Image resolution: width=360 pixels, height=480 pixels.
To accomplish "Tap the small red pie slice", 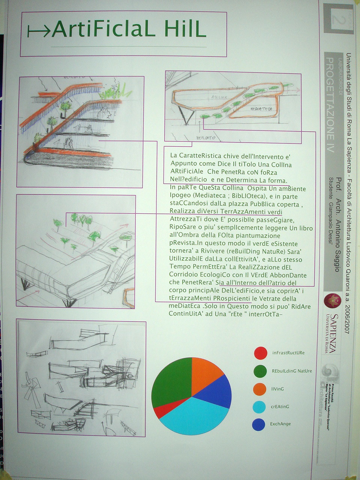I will (x=161, y=411).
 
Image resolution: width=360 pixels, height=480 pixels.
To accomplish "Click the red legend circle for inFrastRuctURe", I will (x=260, y=352).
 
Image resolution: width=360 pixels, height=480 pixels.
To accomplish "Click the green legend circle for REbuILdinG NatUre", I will (x=260, y=371).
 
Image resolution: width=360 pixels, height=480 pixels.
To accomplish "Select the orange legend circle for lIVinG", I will (x=259, y=389).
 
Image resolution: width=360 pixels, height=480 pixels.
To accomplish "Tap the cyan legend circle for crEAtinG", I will (x=259, y=407).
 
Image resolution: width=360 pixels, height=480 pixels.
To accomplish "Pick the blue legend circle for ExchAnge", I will (x=259, y=424).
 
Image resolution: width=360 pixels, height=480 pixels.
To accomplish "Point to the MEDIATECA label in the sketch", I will (x=261, y=109).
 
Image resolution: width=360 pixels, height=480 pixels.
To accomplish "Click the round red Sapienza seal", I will (x=331, y=300).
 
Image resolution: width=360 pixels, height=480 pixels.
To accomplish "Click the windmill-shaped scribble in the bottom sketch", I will (x=32, y=390).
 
